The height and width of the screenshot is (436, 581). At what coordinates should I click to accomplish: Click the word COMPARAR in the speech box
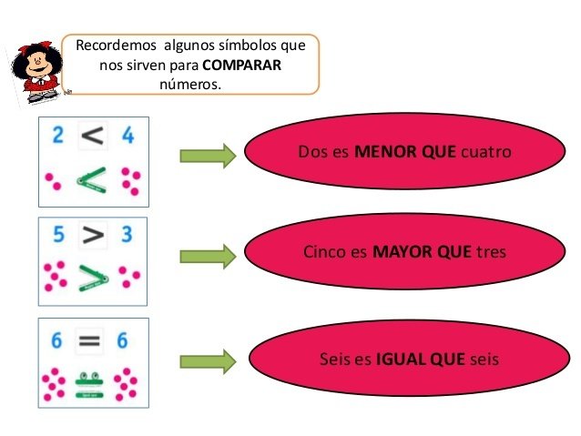tap(241, 65)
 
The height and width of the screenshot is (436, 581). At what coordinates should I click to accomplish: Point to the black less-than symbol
tap(93, 137)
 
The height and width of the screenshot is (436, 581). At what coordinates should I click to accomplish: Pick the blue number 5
tap(58, 235)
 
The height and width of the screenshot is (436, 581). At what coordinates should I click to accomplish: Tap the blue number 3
tap(127, 235)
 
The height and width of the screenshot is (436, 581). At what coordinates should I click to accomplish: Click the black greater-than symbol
tap(93, 236)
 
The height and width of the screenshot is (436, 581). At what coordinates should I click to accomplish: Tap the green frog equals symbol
tap(88, 381)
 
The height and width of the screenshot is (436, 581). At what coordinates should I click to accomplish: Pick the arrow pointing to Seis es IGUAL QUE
tap(208, 361)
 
